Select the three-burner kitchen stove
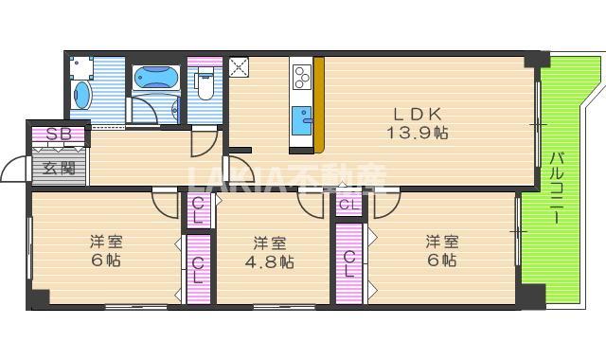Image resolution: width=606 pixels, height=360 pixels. click(x=303, y=74)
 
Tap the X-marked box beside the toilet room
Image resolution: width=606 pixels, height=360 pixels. click(x=238, y=67)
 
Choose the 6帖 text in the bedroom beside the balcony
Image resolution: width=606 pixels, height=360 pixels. click(x=442, y=261)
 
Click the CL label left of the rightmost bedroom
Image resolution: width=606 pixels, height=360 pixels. click(x=348, y=261)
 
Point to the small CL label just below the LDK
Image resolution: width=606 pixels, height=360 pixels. click(x=348, y=204)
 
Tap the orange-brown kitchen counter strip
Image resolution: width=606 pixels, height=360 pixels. click(x=319, y=104)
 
